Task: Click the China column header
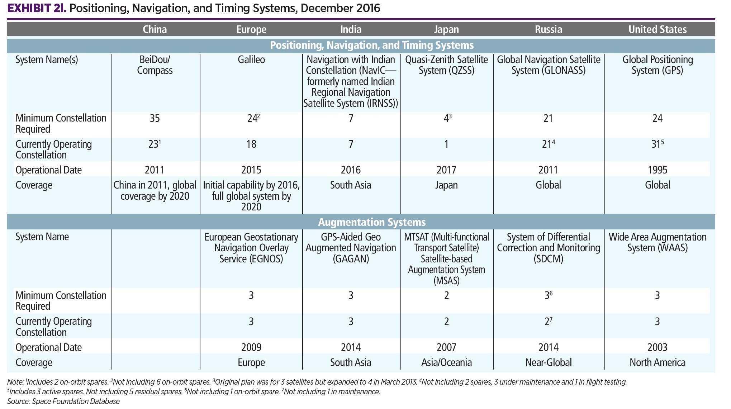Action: click(x=155, y=29)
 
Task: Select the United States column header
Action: click(x=657, y=29)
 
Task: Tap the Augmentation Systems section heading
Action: click(x=372, y=222)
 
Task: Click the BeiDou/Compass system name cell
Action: click(x=155, y=65)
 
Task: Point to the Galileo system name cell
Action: click(x=251, y=60)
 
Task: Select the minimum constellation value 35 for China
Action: click(x=155, y=118)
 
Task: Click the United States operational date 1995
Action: click(x=657, y=170)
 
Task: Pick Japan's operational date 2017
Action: click(x=446, y=170)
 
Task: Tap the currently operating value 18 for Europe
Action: click(x=251, y=144)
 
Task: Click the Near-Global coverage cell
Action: click(x=548, y=362)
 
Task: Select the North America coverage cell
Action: click(x=657, y=362)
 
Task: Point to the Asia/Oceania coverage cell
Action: click(x=446, y=362)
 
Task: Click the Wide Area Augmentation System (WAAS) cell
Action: click(x=657, y=242)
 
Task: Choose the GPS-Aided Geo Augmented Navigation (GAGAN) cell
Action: click(x=351, y=248)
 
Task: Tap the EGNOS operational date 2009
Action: click(x=251, y=347)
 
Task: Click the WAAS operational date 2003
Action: click(x=657, y=347)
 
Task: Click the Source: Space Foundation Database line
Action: click(x=63, y=401)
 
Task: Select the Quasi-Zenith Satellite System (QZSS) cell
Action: click(x=446, y=65)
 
